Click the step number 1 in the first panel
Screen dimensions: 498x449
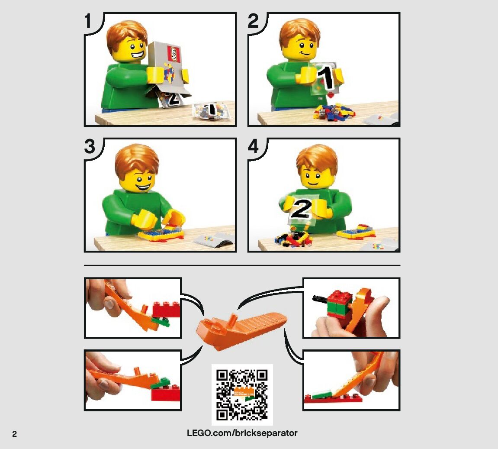coord(88,21)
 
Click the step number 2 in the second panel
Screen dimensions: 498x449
coord(253,21)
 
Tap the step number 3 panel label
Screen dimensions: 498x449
coord(90,146)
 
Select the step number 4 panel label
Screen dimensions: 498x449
coord(254,146)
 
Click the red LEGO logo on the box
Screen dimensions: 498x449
coord(174,54)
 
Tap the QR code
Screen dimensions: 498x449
coord(242,395)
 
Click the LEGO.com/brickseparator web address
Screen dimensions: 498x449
coord(242,433)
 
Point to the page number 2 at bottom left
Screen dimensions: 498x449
coord(14,434)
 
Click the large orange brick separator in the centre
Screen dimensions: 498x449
coord(241,330)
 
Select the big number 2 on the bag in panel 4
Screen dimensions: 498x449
coord(300,209)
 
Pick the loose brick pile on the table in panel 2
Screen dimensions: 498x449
coord(334,112)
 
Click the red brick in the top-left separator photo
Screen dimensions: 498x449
coord(167,310)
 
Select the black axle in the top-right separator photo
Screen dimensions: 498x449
coord(321,299)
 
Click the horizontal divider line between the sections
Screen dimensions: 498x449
coord(242,265)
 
